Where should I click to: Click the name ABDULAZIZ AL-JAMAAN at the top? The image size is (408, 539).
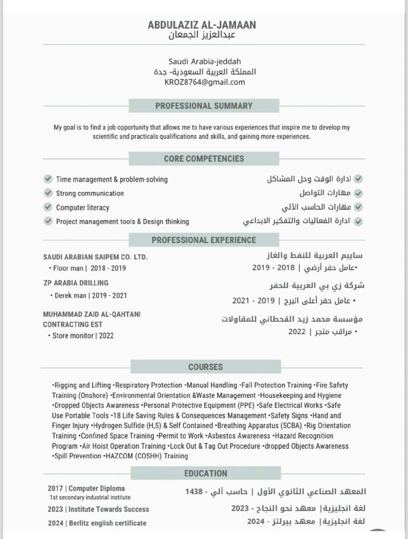tap(202, 25)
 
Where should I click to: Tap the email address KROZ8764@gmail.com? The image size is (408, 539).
tap(204, 82)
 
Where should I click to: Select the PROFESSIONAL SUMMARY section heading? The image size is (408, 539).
tap(204, 106)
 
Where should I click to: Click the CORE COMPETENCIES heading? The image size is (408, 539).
tap(204, 158)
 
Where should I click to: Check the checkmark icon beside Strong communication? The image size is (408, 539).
tap(48, 193)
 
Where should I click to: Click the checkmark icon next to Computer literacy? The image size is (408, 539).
tap(48, 207)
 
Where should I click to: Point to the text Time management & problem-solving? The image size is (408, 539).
tap(112, 179)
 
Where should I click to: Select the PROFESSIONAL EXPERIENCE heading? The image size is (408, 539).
tap(204, 240)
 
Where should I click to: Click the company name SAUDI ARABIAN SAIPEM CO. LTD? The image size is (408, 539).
tap(95, 257)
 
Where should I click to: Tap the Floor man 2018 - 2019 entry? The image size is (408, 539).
tap(89, 268)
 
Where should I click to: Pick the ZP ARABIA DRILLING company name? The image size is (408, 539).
tap(76, 282)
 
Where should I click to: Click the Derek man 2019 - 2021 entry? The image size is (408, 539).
tap(91, 295)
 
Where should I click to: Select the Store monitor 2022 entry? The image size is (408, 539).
tap(83, 335)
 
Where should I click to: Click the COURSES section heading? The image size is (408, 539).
tap(205, 367)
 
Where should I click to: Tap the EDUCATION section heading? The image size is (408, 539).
tap(205, 473)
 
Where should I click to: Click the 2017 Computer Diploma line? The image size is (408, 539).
tap(86, 488)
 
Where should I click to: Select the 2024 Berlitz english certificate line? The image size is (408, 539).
tap(97, 523)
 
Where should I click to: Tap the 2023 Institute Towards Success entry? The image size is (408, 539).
tap(98, 509)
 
